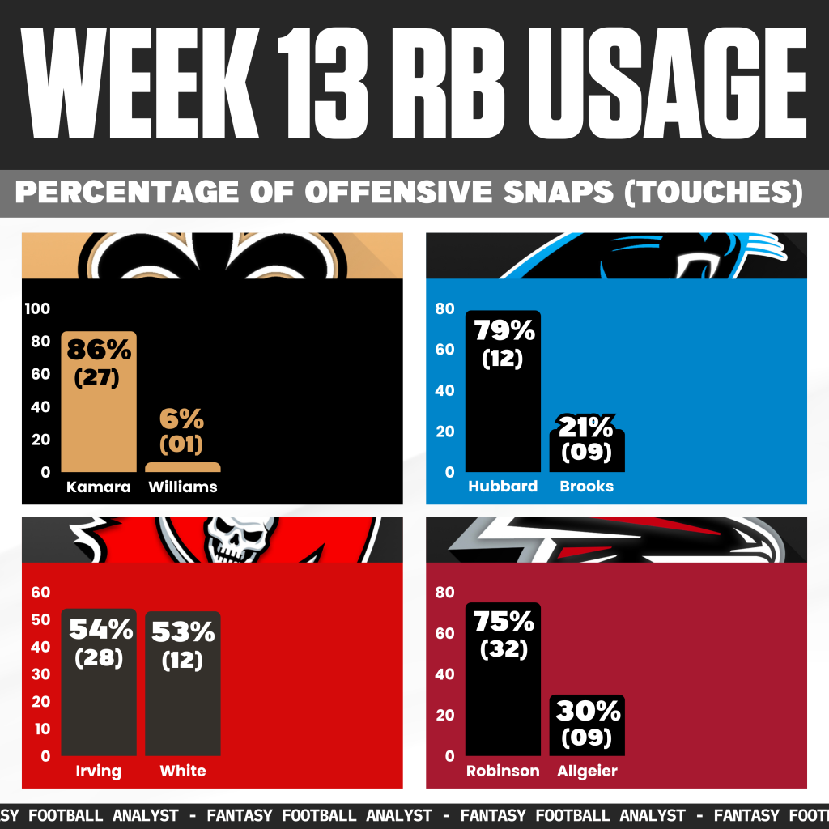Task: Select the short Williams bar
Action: [182, 467]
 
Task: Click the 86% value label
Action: [99, 350]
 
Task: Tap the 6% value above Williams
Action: [182, 419]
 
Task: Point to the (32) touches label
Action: [503, 650]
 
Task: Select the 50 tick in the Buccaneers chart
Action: [40, 620]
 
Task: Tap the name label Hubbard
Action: [503, 487]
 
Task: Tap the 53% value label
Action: [183, 630]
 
